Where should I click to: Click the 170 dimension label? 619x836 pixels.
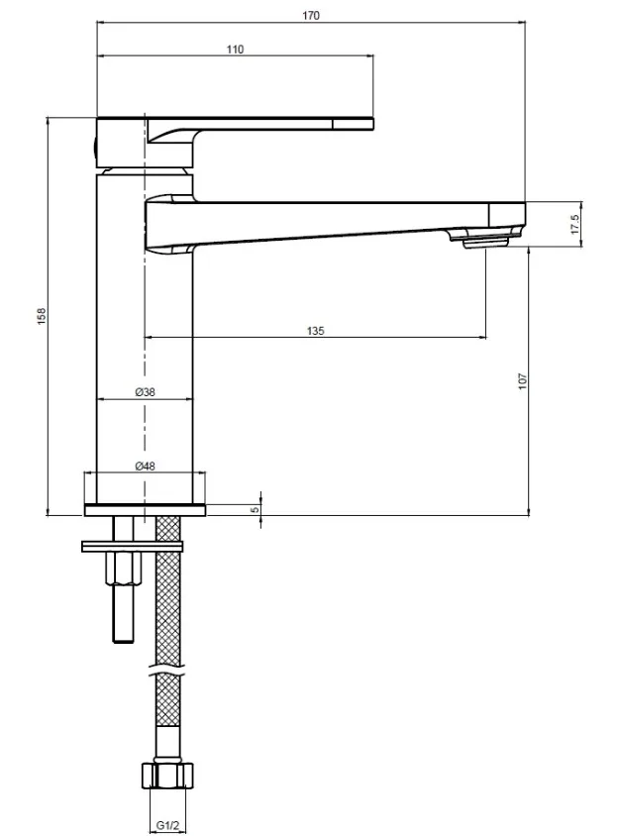tap(311, 16)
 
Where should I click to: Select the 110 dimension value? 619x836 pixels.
tap(235, 50)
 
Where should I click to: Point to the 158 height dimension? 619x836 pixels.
tap(42, 316)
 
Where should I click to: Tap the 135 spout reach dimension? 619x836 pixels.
tap(315, 331)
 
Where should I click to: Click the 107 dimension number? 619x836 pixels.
tap(523, 380)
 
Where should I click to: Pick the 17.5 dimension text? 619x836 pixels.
tap(574, 225)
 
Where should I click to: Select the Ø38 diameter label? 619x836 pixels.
tap(145, 392)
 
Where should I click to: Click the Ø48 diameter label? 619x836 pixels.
tap(145, 466)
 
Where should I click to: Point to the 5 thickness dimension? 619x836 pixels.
tap(256, 510)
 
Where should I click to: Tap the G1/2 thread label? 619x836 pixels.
tap(168, 825)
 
